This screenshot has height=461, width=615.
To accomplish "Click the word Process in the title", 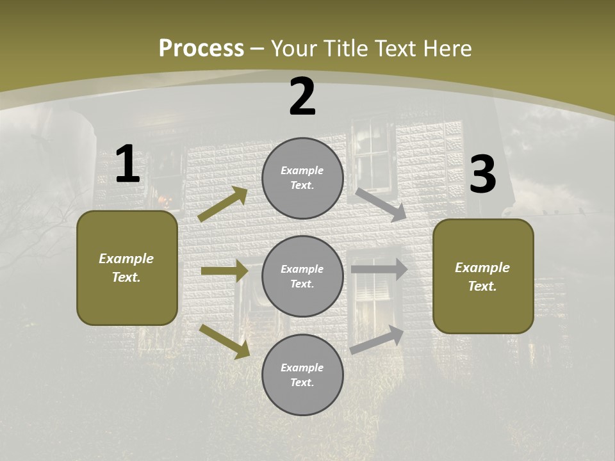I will [201, 49].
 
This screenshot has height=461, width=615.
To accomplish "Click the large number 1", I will [127, 165].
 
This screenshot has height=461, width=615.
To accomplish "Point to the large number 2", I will [302, 97].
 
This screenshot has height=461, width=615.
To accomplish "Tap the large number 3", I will [483, 174].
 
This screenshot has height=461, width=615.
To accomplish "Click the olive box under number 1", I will [127, 268].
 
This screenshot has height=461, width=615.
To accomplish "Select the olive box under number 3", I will [483, 276].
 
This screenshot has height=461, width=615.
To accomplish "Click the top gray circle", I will [302, 178].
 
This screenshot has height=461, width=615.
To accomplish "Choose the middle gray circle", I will [302, 276].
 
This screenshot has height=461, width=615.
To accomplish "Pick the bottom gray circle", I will [302, 375].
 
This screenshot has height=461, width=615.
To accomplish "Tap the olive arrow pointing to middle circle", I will [224, 271].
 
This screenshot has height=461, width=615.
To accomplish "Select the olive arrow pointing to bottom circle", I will [224, 341].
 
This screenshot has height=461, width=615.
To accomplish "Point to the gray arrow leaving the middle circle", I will [379, 269].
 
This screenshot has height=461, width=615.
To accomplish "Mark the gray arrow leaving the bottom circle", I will [377, 340].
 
